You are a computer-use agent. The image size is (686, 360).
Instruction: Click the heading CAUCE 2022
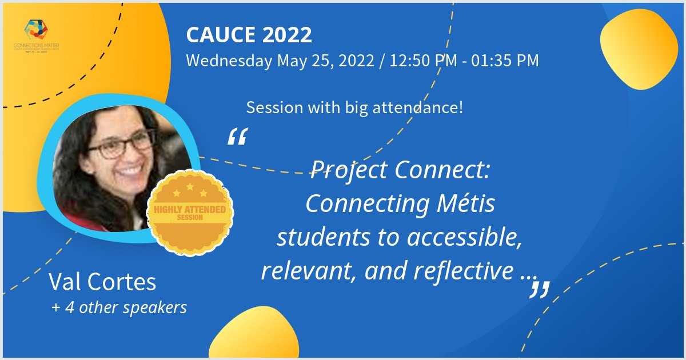(249, 35)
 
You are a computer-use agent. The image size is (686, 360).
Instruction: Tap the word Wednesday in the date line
(229, 61)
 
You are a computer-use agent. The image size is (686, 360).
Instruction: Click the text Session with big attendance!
(354, 107)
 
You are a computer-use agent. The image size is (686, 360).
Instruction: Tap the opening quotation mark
(237, 137)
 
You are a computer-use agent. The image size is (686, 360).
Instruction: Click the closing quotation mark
(539, 289)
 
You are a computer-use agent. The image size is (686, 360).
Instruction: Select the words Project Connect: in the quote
(400, 170)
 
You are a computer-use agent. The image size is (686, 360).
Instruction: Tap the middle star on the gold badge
(190, 187)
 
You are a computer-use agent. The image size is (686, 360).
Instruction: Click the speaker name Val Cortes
(102, 282)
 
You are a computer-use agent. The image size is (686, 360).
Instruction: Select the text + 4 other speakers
(119, 307)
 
